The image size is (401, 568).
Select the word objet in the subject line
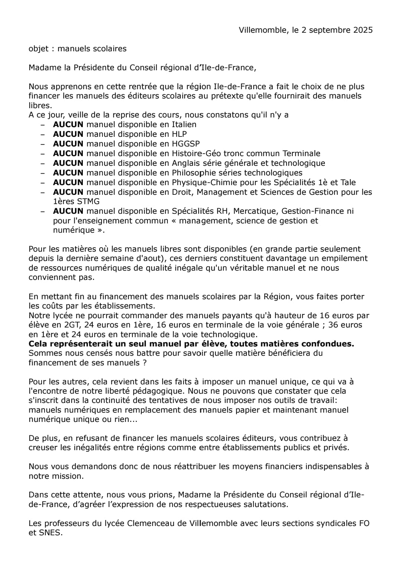click(x=39, y=49)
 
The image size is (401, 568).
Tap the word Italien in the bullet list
click(x=184, y=125)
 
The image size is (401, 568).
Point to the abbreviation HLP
click(x=179, y=134)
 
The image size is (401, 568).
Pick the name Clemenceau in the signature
click(x=151, y=523)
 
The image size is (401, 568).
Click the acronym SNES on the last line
click(x=50, y=533)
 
